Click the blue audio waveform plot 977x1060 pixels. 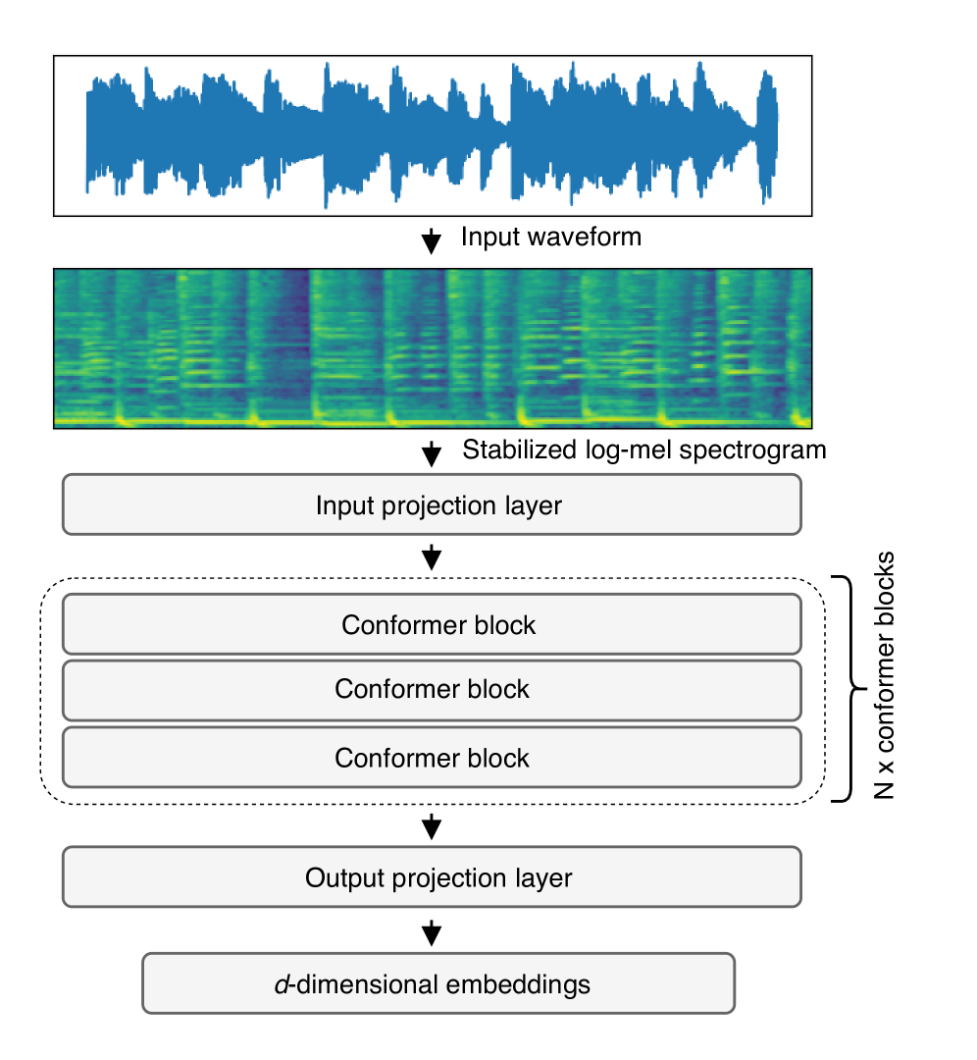pos(432,135)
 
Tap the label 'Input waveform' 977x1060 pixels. pos(550,237)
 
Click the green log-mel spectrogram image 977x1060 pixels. pos(432,348)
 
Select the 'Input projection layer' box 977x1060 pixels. pos(432,505)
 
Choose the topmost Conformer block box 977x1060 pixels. pos(432,625)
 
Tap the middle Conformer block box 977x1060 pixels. pos(432,690)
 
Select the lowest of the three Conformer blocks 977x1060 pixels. pos(432,758)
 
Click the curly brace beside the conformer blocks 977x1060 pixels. pos(849,689)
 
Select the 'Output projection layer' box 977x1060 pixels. pos(432,877)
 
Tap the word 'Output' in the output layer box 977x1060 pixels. pos(338,877)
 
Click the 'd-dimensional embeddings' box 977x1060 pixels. pos(437,983)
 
